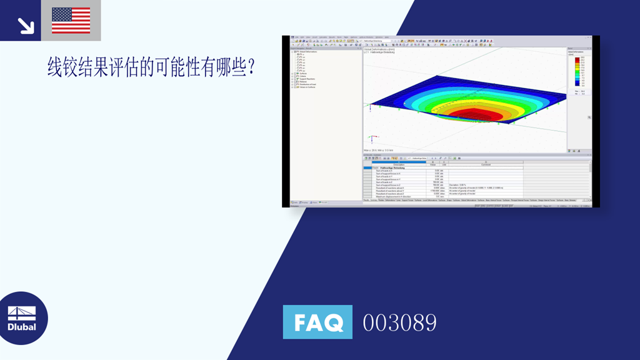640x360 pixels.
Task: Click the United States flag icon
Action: tap(71, 21)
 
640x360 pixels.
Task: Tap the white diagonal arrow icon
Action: tap(26, 24)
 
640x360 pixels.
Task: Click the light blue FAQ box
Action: tap(317, 322)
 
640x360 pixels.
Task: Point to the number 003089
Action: tap(399, 322)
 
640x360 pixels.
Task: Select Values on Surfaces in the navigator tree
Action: tap(307, 87)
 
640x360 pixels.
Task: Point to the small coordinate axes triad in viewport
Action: tap(373, 107)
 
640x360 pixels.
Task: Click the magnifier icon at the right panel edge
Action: tap(588, 117)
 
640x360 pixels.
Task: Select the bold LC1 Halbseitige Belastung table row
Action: tap(391, 167)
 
